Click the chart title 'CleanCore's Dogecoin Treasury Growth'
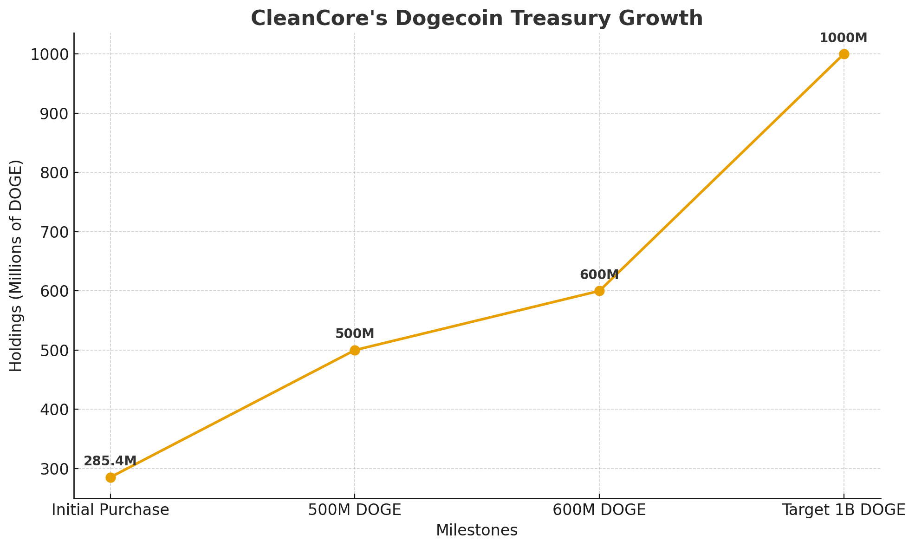click(477, 19)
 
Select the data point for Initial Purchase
click(110, 477)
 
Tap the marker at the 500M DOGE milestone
click(355, 350)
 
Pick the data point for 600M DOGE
click(599, 291)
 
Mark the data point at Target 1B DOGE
click(844, 54)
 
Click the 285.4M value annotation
click(110, 461)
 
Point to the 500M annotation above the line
click(355, 334)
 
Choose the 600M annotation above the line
click(599, 275)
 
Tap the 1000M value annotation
click(843, 38)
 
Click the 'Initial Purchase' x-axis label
click(110, 510)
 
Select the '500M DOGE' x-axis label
click(355, 510)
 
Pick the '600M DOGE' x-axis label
click(599, 510)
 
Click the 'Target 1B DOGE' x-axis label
click(844, 510)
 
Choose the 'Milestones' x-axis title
click(477, 530)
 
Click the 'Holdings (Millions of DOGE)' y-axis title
click(16, 266)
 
